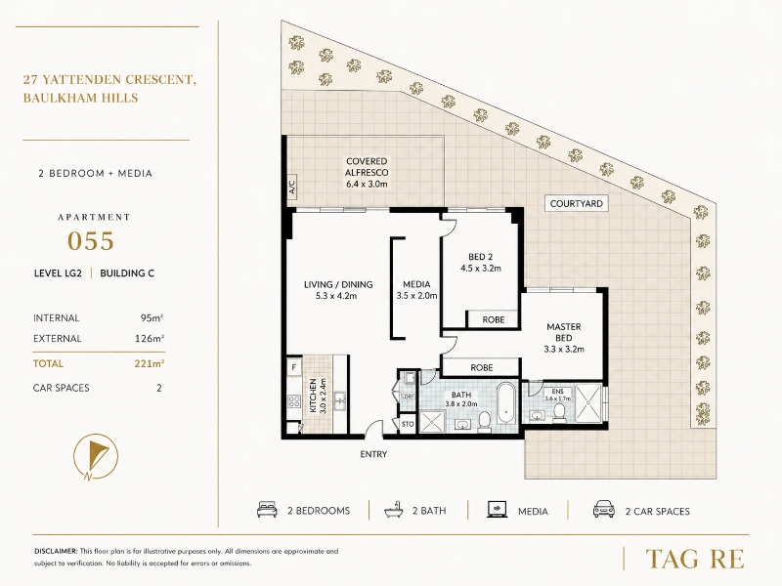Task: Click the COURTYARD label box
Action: point(576,203)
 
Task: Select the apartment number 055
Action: point(91,241)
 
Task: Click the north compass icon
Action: point(96,456)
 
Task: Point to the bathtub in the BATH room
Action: point(506,403)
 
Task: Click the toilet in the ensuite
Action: point(559,412)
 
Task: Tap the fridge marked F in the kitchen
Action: point(294,368)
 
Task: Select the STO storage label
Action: point(408,424)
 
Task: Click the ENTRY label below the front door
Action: point(373,454)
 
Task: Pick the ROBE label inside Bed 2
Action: point(494,320)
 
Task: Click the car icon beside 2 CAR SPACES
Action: point(604,510)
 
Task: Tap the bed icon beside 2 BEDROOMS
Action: point(267,510)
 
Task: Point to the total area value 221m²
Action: point(150,363)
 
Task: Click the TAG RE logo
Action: point(694,559)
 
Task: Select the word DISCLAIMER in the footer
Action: point(56,551)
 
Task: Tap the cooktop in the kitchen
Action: point(294,400)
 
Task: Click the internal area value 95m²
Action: point(152,318)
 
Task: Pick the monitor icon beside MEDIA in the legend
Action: point(497,510)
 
